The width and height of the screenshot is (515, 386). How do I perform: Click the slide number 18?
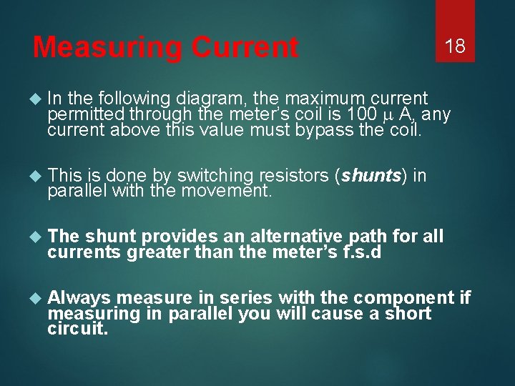tap(455, 47)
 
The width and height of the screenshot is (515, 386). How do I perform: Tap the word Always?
tap(79, 297)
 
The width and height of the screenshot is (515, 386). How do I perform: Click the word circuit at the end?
tap(77, 329)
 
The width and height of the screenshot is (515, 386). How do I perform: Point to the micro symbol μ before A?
tap(387, 114)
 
